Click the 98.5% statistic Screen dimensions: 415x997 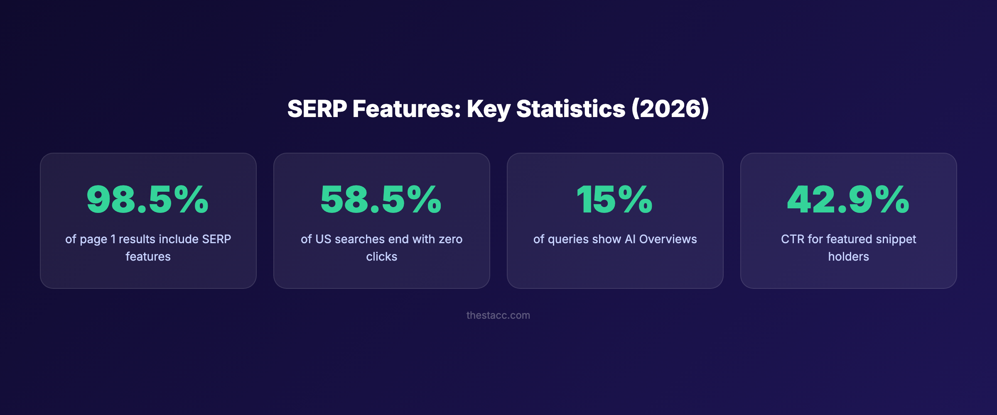tap(147, 200)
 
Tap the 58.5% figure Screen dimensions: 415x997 tap(381, 200)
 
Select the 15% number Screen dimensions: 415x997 tap(614, 200)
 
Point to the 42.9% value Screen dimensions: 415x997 tap(848, 200)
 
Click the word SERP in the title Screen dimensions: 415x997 tap(317, 109)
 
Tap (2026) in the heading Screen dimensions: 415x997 tap(670, 109)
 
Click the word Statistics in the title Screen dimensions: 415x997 tap(570, 109)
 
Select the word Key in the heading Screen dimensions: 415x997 tap(488, 109)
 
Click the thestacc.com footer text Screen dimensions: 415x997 tap(498, 315)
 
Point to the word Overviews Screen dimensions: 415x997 tap(668, 239)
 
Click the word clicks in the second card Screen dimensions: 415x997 tap(381, 256)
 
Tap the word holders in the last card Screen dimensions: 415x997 tap(848, 256)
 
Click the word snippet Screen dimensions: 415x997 tap(896, 239)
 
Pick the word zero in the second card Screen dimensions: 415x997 tap(450, 239)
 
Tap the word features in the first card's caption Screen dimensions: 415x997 tap(148, 256)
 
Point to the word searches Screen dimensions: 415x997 tap(359, 239)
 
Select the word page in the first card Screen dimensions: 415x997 tap(93, 239)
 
